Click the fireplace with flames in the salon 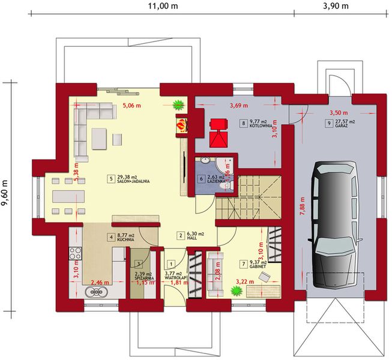click(182, 124)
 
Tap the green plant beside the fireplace click(178, 105)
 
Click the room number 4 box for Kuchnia click(111, 237)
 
